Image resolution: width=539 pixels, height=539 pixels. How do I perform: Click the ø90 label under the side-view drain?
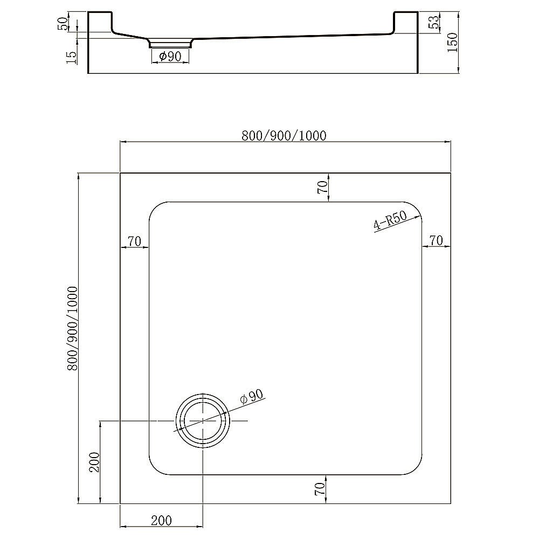click(170, 57)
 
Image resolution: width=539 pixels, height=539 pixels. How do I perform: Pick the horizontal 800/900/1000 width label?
click(284, 135)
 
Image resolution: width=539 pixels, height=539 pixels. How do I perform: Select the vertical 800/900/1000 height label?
click(72, 328)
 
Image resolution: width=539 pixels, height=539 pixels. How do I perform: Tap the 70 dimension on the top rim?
click(322, 187)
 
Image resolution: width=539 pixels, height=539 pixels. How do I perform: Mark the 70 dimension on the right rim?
click(436, 241)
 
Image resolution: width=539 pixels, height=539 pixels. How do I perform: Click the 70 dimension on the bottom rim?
click(320, 489)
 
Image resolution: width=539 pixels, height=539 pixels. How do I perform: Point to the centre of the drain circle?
click(202, 420)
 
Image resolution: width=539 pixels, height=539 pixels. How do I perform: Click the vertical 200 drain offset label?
click(94, 462)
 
